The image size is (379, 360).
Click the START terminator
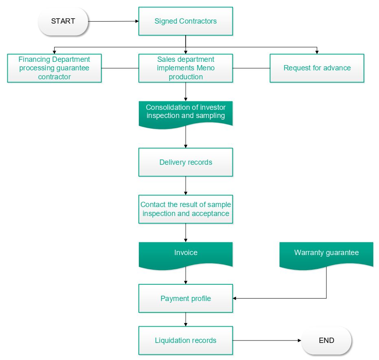[63, 21]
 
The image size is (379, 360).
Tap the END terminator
[326, 340]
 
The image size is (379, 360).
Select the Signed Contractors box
[186, 21]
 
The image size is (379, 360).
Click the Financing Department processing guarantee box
[54, 68]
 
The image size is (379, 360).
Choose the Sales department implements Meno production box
[186, 68]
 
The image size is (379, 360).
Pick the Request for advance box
[317, 68]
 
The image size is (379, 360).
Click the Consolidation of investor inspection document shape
[186, 113]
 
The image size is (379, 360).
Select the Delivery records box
[186, 162]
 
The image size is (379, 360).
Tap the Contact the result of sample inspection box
[186, 209]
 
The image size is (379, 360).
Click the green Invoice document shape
[186, 253]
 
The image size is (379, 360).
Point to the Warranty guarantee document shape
[326, 253]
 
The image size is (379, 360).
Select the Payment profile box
[186, 299]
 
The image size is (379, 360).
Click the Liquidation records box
[186, 340]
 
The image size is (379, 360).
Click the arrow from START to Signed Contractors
[113, 21]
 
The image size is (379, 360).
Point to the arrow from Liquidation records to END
[267, 340]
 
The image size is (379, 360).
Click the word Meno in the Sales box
[206, 68]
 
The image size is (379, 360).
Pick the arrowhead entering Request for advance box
[317, 52]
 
